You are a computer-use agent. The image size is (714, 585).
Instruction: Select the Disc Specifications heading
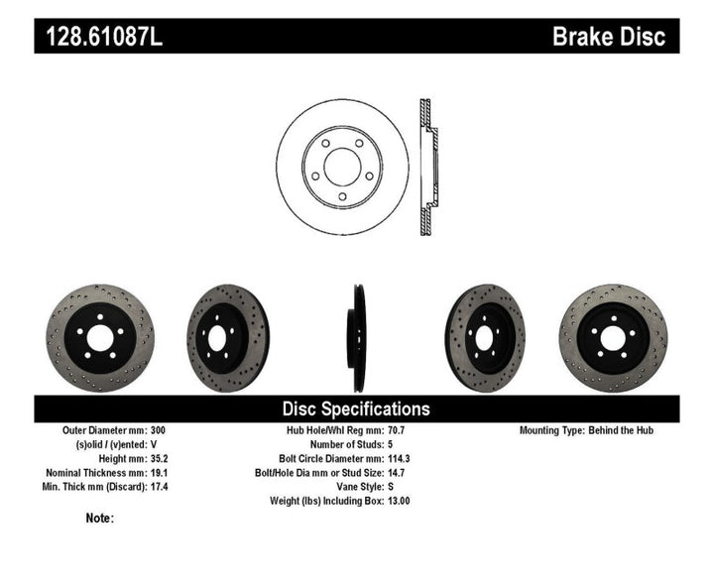click(x=356, y=409)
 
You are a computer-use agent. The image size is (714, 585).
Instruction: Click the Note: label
click(x=99, y=518)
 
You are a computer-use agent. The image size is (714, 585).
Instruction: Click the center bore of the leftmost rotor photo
click(x=99, y=338)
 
